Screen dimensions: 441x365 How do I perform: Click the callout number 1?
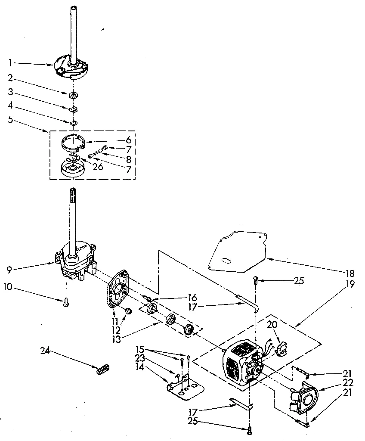click(9, 63)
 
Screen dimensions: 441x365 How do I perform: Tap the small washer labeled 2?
click(74, 94)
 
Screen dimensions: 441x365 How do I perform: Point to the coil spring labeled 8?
click(98, 151)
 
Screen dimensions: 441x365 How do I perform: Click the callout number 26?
click(98, 166)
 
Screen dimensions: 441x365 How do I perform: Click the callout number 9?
click(9, 270)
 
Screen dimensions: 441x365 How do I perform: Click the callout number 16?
click(192, 297)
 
